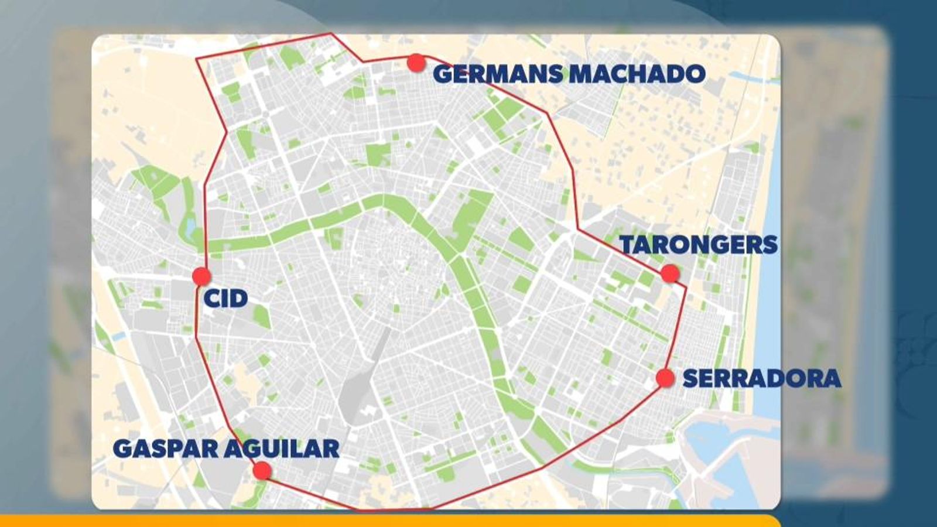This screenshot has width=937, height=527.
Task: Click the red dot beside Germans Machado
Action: (x=416, y=63)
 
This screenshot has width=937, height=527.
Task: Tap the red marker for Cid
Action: (x=201, y=276)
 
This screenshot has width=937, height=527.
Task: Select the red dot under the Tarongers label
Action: (x=669, y=273)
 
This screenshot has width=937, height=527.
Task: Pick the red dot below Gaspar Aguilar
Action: (x=262, y=470)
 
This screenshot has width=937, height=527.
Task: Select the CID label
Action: (x=225, y=299)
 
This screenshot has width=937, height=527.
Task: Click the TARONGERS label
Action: (x=699, y=245)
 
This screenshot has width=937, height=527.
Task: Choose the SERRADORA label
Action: (x=762, y=378)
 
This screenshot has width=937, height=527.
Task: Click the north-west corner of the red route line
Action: (x=197, y=59)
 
